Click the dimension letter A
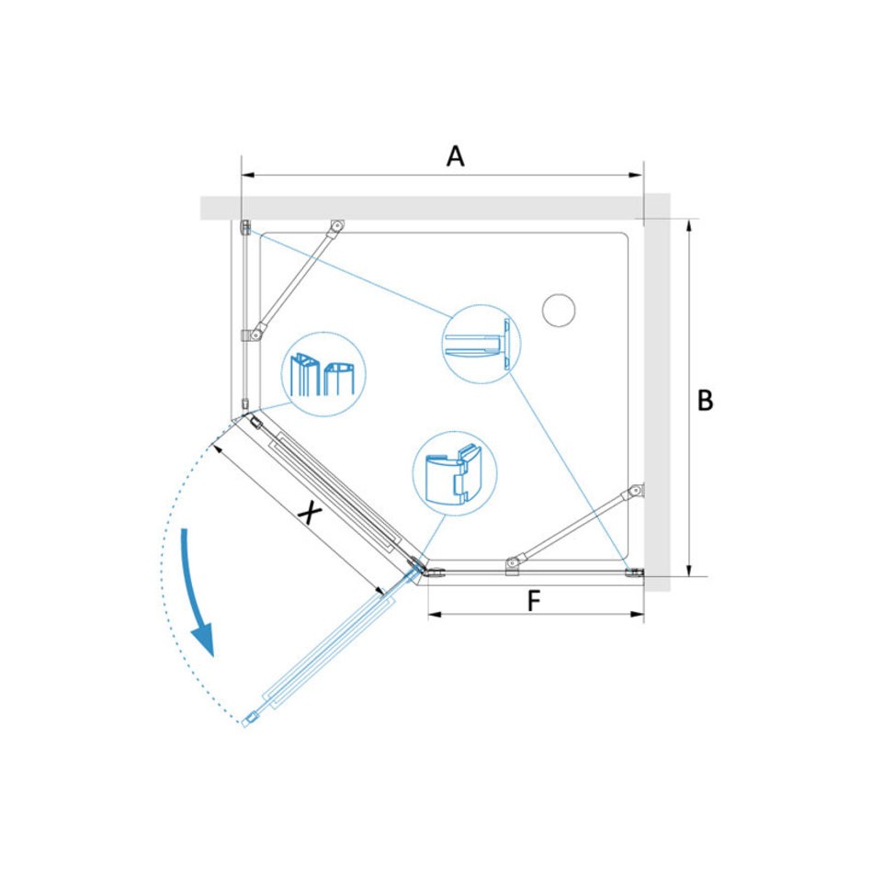[455, 156]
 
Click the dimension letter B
[705, 400]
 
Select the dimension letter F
[533, 601]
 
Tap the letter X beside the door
[309, 512]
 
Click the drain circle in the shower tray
[559, 310]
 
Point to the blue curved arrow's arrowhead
[203, 641]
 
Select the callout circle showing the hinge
[454, 473]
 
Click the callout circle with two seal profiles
[323, 374]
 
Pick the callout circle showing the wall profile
[481, 344]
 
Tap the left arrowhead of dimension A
[248, 176]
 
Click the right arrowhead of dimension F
[637, 614]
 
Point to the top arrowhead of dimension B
[689, 226]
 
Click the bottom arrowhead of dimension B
[689, 569]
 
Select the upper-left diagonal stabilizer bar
[296, 279]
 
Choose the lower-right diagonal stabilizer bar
[575, 524]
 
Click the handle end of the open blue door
[249, 720]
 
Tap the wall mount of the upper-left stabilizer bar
[337, 224]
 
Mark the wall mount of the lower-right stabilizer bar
[638, 491]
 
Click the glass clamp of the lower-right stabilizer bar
[513, 564]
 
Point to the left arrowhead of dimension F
[435, 614]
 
